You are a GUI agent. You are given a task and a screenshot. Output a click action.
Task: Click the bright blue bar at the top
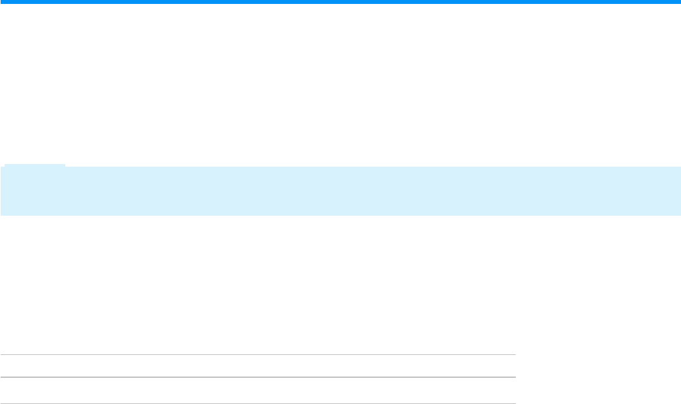point(340,2)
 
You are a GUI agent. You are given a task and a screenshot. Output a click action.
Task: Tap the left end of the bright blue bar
point(2,2)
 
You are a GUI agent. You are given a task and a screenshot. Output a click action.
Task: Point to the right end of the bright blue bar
point(678,2)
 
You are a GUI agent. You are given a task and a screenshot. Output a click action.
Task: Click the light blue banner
point(340,191)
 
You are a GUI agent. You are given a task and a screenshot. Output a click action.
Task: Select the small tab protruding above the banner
point(35,165)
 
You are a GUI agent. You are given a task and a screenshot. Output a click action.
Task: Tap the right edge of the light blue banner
point(679,191)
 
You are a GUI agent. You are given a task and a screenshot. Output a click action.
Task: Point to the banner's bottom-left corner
point(1,214)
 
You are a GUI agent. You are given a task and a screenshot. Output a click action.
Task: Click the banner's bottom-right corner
point(680,214)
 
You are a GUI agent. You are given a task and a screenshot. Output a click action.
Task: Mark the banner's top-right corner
point(680,167)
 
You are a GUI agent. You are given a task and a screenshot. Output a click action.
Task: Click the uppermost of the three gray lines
point(258,355)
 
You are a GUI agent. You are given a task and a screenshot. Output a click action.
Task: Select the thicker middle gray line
point(258,377)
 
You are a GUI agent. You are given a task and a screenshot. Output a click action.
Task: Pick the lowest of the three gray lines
point(258,403)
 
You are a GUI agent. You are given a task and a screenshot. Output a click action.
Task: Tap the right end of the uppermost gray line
point(515,355)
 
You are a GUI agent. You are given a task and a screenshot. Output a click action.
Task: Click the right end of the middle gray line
point(515,377)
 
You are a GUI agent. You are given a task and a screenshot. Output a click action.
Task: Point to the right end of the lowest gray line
point(515,403)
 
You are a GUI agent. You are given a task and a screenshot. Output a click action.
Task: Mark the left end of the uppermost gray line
point(1,355)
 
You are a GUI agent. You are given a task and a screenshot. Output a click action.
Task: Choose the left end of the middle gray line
point(1,377)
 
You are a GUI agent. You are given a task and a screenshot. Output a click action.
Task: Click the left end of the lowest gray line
point(1,403)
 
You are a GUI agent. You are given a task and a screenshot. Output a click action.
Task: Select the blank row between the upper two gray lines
point(258,366)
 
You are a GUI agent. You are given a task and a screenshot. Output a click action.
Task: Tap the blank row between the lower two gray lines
point(258,390)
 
